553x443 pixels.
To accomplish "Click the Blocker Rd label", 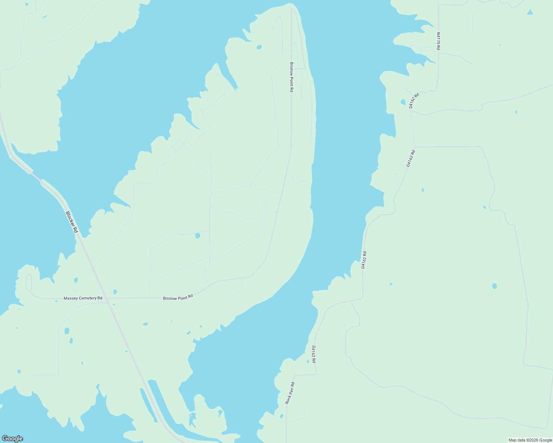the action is coord(72,222).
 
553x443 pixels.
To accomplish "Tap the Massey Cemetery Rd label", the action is coord(83,298).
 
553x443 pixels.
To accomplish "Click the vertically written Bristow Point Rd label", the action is coord(291,77).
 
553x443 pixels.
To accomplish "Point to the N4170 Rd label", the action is coord(438,41).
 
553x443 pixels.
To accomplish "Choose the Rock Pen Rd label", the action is coord(290,393).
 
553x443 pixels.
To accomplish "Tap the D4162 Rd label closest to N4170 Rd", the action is coord(414,100).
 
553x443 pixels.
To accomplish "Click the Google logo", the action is coord(12,439).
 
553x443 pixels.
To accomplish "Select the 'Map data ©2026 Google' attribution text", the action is coord(530,440).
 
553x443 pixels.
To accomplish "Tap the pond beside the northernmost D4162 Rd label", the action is coord(403,102).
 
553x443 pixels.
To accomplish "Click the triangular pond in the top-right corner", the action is coord(530,12).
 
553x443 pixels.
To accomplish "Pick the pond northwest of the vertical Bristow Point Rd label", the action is coord(259,47).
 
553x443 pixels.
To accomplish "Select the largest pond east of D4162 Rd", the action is coord(495,286).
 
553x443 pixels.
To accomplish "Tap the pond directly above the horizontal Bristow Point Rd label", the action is coord(197,236).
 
